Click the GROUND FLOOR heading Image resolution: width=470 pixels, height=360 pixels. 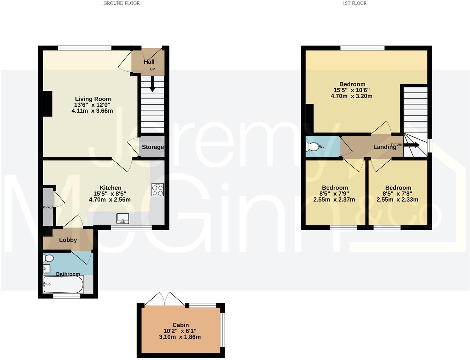121,3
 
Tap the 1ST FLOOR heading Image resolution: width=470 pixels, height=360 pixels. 354,3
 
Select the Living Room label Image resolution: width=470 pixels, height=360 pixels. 93,99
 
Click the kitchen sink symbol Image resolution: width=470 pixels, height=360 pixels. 123,218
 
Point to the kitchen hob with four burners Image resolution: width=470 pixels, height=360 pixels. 158,190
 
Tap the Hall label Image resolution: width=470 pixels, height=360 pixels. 149,62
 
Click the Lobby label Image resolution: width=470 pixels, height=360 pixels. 68,240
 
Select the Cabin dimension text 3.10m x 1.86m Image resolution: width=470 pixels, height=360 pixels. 180,337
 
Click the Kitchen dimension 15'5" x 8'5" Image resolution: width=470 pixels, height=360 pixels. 110,193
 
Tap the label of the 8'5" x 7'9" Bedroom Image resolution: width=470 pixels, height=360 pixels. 335,188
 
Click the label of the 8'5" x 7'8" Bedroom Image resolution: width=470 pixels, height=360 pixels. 398,188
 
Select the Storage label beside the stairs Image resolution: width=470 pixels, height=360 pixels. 153,147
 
